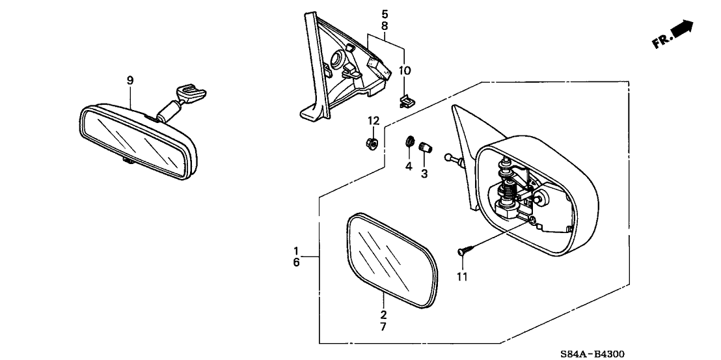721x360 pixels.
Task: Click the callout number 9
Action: click(130, 80)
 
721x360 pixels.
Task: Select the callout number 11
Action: click(463, 277)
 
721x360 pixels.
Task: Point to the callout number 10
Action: click(405, 70)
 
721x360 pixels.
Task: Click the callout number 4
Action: click(409, 167)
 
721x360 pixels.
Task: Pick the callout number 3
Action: click(424, 174)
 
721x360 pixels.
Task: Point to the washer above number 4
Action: click(410, 141)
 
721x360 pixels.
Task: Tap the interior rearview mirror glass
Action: click(133, 143)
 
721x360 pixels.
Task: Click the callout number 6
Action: click(296, 263)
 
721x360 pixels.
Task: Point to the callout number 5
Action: click(385, 13)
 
